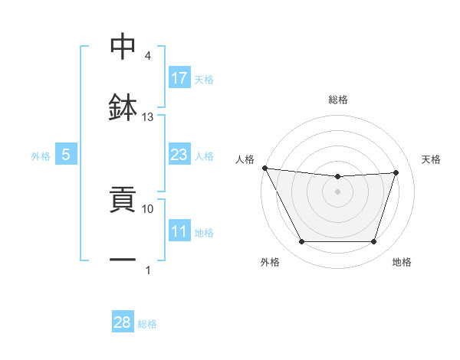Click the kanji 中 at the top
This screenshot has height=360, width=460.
(123, 47)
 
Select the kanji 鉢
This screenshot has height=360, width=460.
(123, 107)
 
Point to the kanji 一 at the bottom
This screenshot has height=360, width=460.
(123, 260)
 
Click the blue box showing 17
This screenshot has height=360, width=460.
(179, 77)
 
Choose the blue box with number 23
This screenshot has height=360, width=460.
(179, 155)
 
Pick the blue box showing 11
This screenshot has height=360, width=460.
(179, 231)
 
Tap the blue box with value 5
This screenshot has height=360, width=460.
(66, 155)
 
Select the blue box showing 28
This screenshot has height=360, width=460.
(123, 322)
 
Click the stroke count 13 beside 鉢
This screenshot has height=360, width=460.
(148, 117)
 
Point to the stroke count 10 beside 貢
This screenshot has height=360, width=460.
(148, 208)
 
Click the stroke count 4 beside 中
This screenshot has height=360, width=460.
(148, 56)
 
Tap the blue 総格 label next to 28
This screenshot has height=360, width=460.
(147, 324)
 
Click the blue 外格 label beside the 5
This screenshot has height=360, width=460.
(41, 155)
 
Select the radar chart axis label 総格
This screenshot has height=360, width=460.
(338, 100)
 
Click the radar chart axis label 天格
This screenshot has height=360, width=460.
(432, 159)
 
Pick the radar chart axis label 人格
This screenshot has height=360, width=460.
(245, 159)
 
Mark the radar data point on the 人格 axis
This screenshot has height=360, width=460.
(264, 168)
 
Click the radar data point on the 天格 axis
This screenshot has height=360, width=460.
(396, 172)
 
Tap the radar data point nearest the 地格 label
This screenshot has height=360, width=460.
(373, 242)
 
